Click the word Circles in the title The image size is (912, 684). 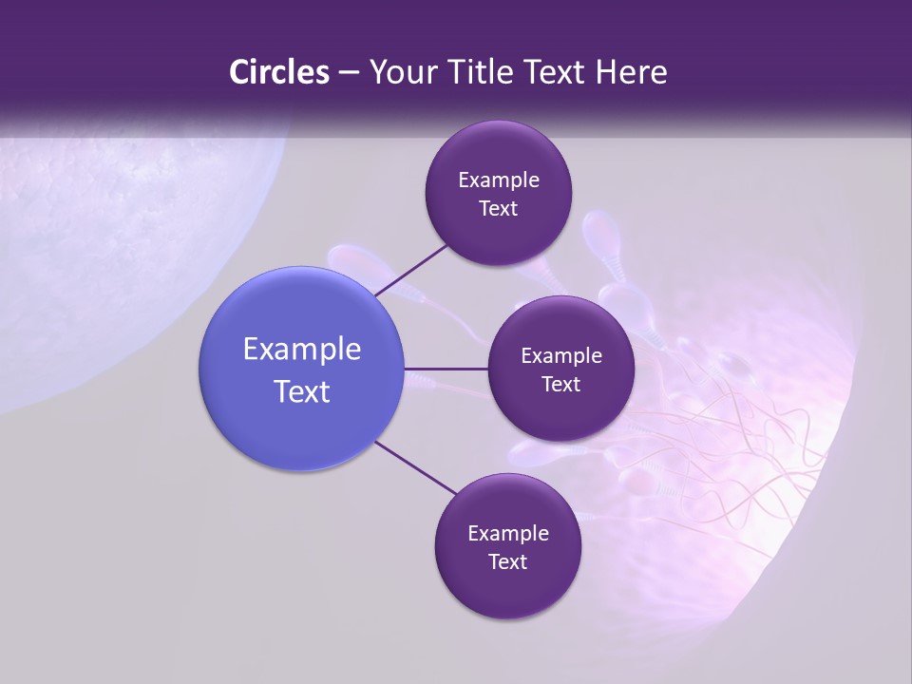(278, 72)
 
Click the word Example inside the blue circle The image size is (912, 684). (302, 350)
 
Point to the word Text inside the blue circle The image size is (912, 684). (302, 391)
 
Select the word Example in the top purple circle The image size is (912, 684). (499, 180)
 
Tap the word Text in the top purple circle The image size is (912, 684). (499, 209)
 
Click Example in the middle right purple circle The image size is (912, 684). (561, 356)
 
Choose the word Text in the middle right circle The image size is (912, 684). (561, 385)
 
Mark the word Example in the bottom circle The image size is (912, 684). (508, 534)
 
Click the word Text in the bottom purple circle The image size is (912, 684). (508, 562)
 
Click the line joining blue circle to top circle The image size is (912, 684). (410, 270)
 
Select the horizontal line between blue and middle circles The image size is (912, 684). (446, 368)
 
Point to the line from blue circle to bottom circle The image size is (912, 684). (416, 468)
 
